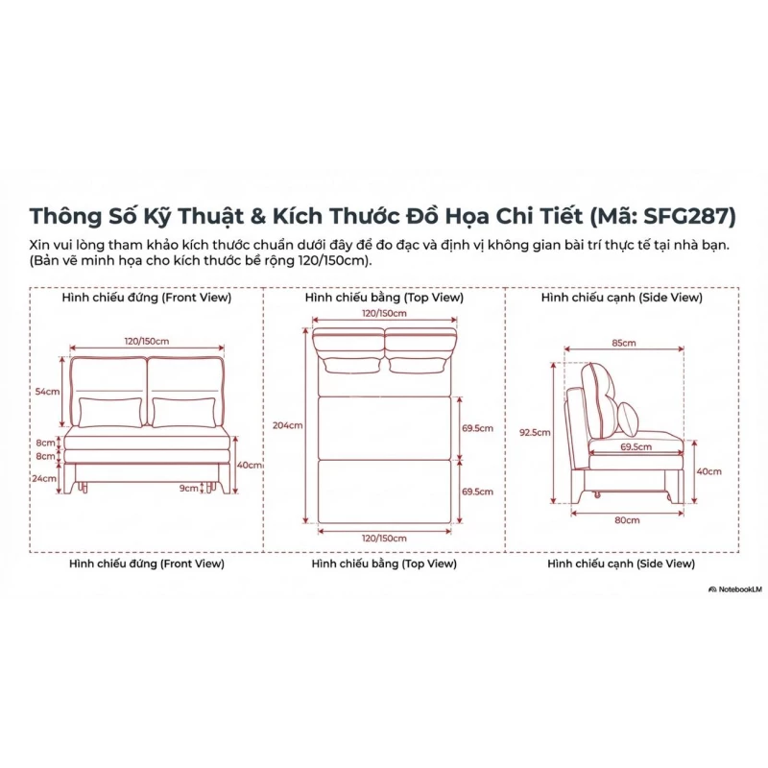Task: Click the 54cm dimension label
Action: point(47,392)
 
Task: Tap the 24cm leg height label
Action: point(44,478)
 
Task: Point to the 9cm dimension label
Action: point(188,488)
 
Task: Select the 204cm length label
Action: point(287,425)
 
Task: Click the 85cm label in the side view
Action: point(623,343)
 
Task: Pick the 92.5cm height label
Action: point(535,433)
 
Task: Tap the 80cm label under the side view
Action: point(627,520)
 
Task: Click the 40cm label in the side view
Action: point(708,471)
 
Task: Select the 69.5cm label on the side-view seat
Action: point(636,446)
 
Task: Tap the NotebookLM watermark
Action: point(735,589)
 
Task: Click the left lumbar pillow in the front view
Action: point(110,413)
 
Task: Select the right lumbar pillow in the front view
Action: point(183,413)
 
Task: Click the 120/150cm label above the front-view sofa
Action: point(147,341)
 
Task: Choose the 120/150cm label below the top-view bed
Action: point(384,539)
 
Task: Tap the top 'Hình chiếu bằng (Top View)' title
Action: point(384,298)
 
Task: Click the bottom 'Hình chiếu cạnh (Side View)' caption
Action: point(621,564)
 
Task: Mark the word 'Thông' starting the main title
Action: point(65,217)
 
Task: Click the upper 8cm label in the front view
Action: point(45,443)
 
